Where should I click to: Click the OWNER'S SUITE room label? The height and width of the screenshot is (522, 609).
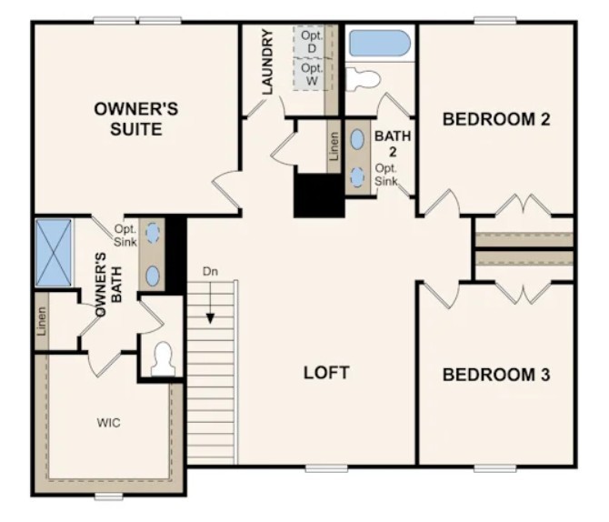coord(136,119)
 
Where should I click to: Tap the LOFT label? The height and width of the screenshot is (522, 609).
coord(326,373)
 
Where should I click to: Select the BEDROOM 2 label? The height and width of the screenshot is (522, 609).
coord(496,119)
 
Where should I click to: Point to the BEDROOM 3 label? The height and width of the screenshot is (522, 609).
coord(496,375)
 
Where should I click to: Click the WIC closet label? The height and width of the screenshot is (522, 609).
coord(109,423)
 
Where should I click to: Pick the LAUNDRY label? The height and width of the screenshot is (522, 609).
coord(267,63)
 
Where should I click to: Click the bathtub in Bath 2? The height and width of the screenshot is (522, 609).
coord(380,44)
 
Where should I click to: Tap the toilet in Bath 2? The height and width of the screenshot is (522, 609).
coord(364,78)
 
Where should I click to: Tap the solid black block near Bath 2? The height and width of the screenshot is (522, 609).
coord(318,194)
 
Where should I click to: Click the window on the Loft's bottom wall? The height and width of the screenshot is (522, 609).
coord(326,468)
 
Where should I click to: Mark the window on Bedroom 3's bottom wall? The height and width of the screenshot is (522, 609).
coord(495,468)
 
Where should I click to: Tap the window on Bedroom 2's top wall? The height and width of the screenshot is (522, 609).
coord(495,20)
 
